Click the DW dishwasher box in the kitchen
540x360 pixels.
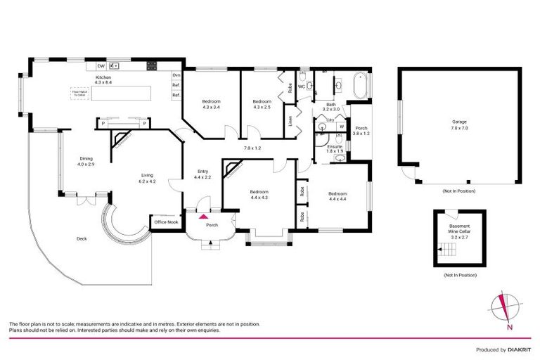click(101, 65)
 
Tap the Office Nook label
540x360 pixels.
click(166, 222)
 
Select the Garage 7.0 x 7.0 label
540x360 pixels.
click(459, 125)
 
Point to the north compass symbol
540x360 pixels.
click(505, 308)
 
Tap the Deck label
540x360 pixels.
click(82, 239)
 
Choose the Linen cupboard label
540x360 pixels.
click(290, 120)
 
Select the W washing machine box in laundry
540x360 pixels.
click(341, 127)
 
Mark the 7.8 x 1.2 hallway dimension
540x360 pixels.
click(252, 148)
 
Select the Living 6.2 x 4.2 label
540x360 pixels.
click(147, 179)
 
